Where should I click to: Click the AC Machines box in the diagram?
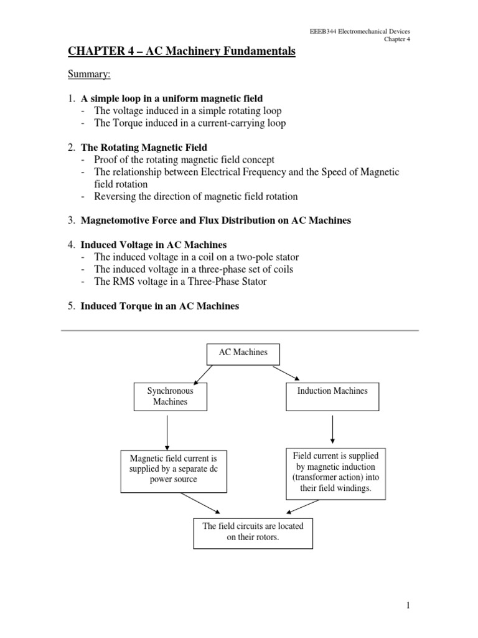[x=243, y=353]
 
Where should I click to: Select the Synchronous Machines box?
[x=170, y=396]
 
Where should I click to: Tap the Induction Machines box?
[x=332, y=396]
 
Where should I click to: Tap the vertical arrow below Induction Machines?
[x=333, y=429]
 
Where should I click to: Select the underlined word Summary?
[x=89, y=75]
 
